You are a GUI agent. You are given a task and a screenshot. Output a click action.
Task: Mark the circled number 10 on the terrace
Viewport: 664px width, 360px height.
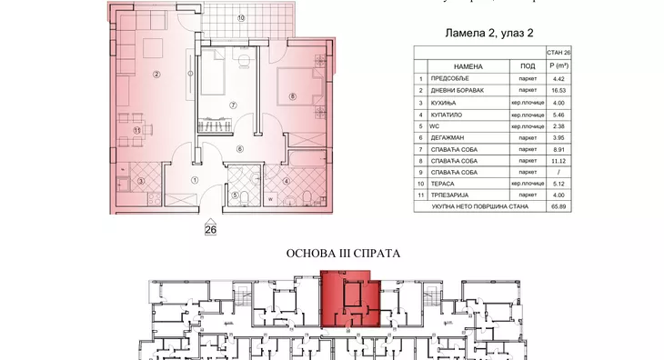[x=241, y=18]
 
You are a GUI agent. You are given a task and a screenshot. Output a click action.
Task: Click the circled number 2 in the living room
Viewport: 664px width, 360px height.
[x=156, y=75]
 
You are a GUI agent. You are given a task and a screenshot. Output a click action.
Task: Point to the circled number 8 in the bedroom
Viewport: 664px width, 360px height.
[x=292, y=95]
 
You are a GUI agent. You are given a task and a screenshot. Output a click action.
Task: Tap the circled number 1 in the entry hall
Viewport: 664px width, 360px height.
[x=194, y=179]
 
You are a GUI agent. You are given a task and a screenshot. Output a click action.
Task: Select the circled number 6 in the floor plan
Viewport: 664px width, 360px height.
[x=239, y=148]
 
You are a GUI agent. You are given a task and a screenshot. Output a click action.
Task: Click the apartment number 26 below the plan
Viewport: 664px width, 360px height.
[x=211, y=228]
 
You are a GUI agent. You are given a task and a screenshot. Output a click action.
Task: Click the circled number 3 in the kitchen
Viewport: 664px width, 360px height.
[x=141, y=181]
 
